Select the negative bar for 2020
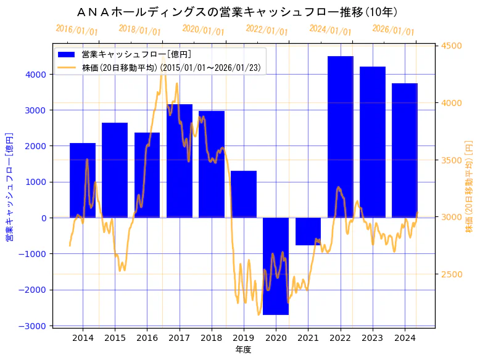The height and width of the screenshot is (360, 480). pos(276,266)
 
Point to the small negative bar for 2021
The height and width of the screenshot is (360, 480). pos(308,231)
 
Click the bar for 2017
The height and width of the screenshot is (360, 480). pos(180,161)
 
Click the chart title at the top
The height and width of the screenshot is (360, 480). pos(239,12)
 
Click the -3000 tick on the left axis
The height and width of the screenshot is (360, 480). pos(35,325)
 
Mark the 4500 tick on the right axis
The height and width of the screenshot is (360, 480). pos(452,46)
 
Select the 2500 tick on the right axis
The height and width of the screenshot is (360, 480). pos(452,274)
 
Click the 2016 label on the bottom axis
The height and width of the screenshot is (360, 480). pos(147,338)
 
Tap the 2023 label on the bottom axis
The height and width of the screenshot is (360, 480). pos(373,338)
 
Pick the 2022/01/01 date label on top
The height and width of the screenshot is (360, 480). pos(267,30)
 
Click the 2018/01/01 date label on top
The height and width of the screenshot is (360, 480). pos(139,30)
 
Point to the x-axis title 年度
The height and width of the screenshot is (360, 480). pos(244,350)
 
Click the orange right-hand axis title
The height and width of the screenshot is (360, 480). pos(469,186)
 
